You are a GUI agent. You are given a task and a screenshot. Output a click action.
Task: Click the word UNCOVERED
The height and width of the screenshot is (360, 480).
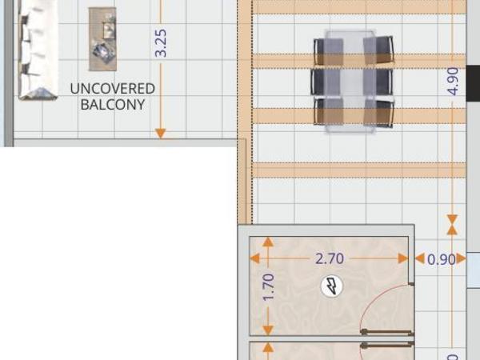tap(112, 89)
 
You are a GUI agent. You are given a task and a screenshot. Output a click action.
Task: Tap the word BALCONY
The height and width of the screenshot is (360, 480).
tap(113, 105)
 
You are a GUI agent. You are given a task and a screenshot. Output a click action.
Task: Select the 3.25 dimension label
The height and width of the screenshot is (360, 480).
tap(161, 43)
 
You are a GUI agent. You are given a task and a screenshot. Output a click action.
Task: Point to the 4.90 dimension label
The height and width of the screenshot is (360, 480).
tap(453, 82)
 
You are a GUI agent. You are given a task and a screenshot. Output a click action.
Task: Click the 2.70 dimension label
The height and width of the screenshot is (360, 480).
tap(330, 258)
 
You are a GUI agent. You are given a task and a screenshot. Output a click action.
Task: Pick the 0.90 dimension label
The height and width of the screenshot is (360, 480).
tap(441, 259)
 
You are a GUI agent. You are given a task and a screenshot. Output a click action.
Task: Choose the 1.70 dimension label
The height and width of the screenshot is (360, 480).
tap(269, 287)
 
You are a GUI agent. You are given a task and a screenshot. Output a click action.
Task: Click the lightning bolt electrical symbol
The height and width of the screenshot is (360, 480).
tap(332, 286)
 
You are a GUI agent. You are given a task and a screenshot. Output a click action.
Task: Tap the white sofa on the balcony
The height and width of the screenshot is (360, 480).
tap(38, 50)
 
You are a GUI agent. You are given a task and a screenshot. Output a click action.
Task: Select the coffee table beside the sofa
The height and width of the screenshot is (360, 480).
tap(102, 39)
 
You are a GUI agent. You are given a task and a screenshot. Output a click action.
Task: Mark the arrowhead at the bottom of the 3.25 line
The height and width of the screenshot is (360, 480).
tap(161, 134)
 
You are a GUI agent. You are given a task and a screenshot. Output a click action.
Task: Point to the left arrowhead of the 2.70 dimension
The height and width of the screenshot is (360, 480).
tap(254, 258)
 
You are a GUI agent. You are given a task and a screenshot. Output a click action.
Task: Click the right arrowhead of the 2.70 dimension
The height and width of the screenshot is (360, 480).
tap(403, 258)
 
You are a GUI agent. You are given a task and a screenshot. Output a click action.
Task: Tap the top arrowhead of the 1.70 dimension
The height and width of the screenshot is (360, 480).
tap(268, 242)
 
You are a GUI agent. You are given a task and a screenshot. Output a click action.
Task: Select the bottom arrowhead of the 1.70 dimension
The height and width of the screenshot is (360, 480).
tap(268, 330)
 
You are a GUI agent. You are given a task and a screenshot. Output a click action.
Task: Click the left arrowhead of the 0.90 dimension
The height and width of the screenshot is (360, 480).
tap(420, 258)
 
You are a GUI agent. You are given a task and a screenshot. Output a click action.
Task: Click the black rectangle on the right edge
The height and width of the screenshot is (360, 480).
tap(473, 83)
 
